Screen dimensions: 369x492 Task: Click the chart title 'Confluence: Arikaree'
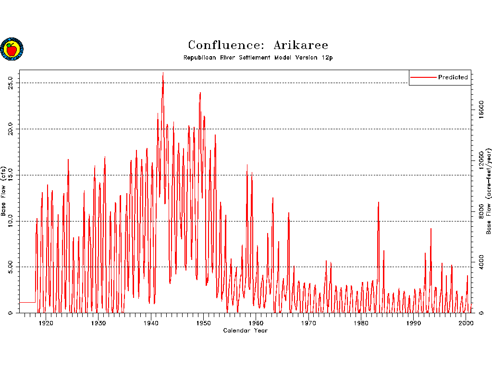pos(258,45)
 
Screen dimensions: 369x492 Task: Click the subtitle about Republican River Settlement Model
pos(258,58)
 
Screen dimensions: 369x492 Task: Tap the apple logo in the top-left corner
pos(12,49)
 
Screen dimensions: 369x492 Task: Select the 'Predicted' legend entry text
pos(453,77)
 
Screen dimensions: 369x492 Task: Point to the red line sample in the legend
pos(423,77)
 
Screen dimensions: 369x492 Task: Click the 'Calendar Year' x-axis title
pos(245,331)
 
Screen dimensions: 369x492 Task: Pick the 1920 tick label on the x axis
pos(46,323)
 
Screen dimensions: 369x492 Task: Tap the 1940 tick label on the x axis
pos(151,323)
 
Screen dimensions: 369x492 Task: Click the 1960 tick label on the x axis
pos(256,323)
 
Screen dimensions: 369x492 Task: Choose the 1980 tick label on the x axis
pos(361,323)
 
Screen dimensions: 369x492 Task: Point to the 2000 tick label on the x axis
pos(466,323)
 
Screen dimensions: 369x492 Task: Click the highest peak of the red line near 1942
pos(163,73)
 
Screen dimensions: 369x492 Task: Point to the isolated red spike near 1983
pos(379,203)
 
